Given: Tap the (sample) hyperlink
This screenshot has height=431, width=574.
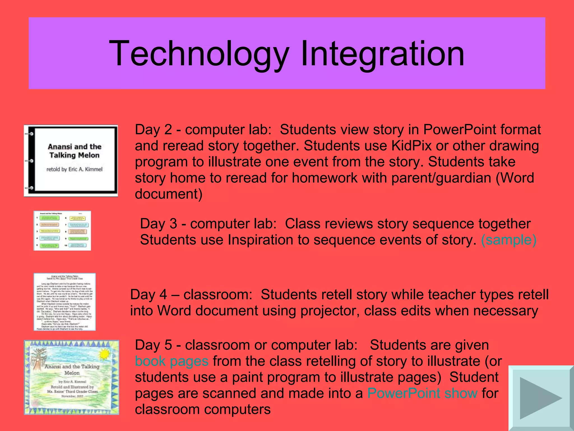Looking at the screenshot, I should [508, 240].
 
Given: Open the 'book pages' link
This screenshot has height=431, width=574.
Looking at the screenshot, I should [172, 361].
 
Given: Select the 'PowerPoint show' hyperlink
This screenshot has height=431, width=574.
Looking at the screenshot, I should [422, 393].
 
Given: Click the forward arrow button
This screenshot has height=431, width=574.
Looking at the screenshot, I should [541, 398].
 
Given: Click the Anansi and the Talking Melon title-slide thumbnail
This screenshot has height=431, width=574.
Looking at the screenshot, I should [71, 161].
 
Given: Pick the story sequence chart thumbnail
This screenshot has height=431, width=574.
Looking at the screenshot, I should [62, 231].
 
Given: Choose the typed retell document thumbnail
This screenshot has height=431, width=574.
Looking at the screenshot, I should [65, 302].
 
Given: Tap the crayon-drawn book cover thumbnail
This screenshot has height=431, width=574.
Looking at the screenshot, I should [71, 377].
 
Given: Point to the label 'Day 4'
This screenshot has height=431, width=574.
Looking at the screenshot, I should [149, 295].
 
